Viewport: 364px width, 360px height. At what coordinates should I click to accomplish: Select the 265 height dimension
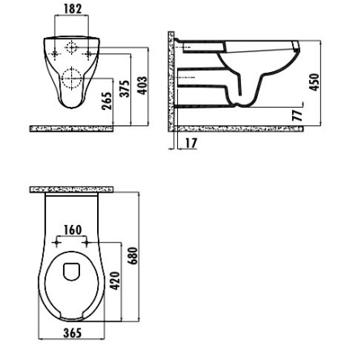[107, 100]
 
